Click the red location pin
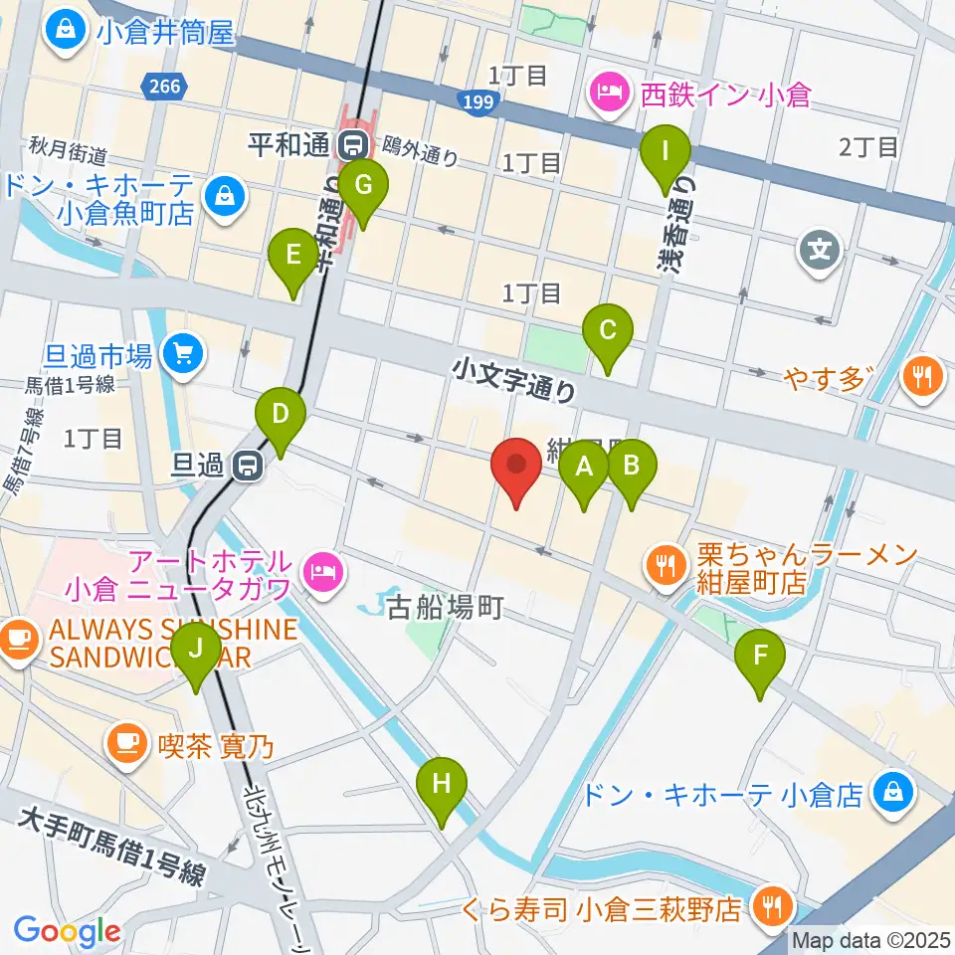tap(516, 472)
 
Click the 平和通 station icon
tap(350, 146)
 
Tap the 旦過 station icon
tap(247, 465)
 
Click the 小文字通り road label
tap(513, 379)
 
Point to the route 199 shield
tap(477, 99)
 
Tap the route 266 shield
tap(160, 87)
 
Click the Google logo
tap(67, 932)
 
